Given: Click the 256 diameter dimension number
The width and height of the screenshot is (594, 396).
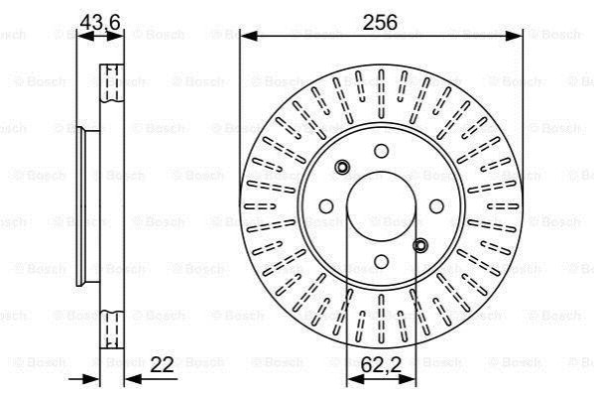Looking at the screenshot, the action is point(380,23).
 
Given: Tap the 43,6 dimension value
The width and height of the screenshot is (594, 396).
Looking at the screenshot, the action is point(100,22).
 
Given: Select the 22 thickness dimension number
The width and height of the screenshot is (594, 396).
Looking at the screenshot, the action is point(162,365).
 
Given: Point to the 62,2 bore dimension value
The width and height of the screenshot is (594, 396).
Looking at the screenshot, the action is point(381,365).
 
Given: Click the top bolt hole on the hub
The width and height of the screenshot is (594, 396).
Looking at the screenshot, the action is point(381,151).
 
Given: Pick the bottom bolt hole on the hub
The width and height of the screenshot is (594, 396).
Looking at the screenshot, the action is point(381,261).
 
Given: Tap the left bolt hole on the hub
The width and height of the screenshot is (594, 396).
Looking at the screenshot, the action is point(326,206).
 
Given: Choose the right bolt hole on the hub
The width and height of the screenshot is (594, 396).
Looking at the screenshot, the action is point(436,206).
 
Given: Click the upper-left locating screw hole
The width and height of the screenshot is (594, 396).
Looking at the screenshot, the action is point(342,167).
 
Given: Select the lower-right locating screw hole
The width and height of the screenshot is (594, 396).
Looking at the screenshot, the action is point(420,246).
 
